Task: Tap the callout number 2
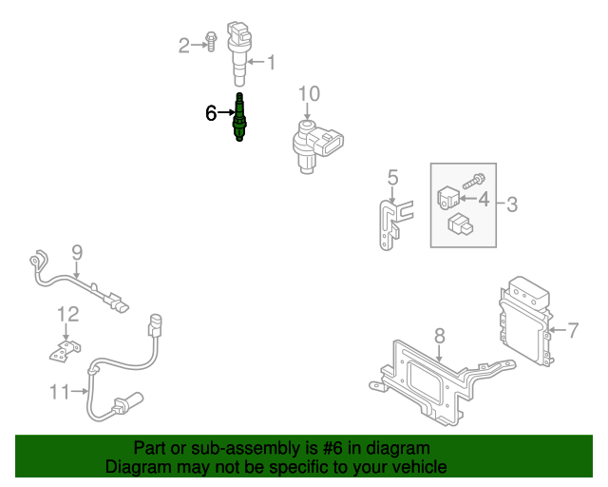click(x=184, y=44)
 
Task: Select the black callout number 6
click(x=211, y=113)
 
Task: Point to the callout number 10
click(x=310, y=93)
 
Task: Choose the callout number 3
click(x=511, y=203)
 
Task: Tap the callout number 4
click(x=484, y=200)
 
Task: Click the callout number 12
click(x=66, y=313)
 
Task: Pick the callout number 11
click(x=60, y=391)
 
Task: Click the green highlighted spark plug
click(x=240, y=120)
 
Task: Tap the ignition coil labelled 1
click(x=239, y=52)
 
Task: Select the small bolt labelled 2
click(x=212, y=43)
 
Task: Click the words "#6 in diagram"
click(x=375, y=447)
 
